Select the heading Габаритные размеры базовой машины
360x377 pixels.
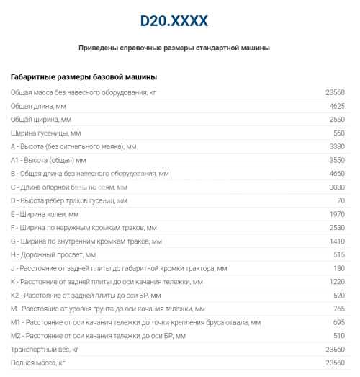84,76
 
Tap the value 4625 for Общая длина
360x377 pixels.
336,106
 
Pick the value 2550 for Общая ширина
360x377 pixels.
336,119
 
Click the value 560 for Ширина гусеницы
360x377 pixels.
339,133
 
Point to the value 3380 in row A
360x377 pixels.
336,146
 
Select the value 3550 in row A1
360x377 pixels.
336,160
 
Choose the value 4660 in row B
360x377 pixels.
336,174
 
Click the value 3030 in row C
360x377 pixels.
336,187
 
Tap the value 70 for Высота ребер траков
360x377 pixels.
341,200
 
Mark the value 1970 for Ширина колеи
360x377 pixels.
336,214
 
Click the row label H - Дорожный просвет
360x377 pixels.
53,254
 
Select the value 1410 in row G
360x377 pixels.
336,241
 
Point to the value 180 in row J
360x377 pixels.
339,268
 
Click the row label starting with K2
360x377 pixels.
86,296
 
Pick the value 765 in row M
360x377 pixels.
339,309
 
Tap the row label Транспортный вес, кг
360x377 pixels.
45,349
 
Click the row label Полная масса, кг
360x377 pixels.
39,363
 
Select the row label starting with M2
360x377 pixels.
99,336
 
